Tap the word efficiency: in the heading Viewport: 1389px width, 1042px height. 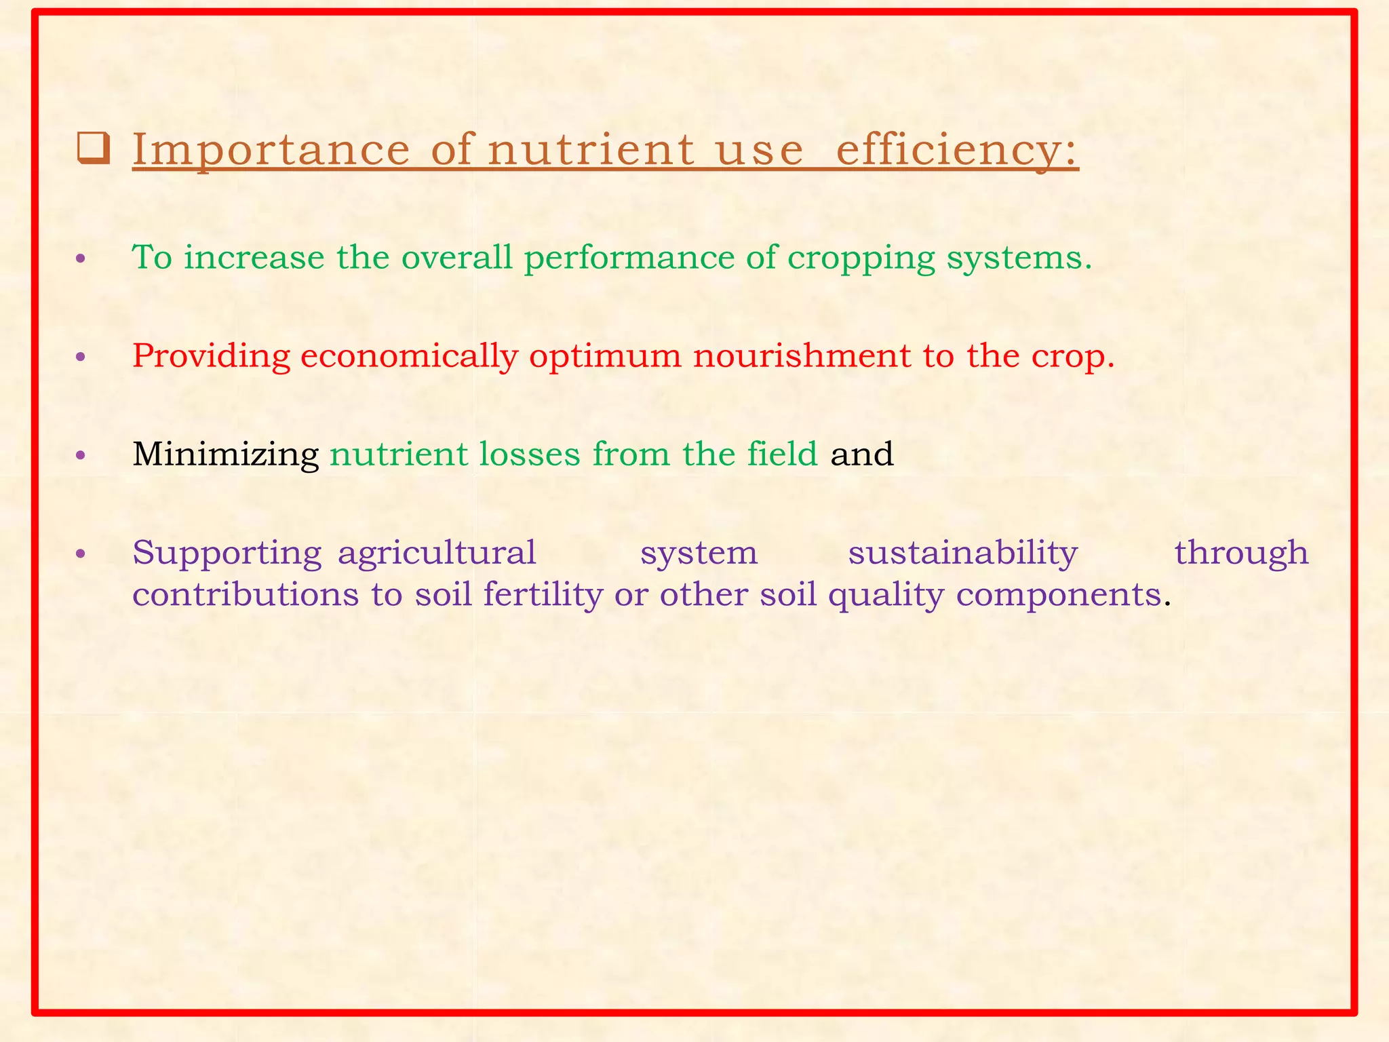tap(957, 150)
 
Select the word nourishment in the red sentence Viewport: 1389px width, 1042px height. tap(801, 355)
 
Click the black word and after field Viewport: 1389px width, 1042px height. tap(861, 454)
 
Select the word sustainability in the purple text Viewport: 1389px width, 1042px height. tap(962, 553)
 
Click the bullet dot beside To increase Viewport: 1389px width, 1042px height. tap(81, 259)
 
